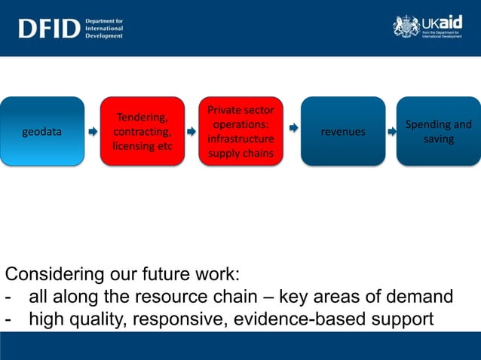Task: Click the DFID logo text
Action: (x=50, y=28)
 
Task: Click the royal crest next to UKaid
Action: (x=406, y=26)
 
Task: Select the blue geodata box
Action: (x=42, y=131)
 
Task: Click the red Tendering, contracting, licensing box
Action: (x=142, y=131)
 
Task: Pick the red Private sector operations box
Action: (x=241, y=131)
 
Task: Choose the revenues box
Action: (x=343, y=131)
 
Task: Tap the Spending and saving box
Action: (x=438, y=131)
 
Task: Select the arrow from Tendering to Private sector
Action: (x=191, y=132)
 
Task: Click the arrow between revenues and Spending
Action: (x=392, y=132)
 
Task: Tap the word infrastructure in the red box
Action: (x=241, y=139)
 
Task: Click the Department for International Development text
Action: (x=104, y=28)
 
